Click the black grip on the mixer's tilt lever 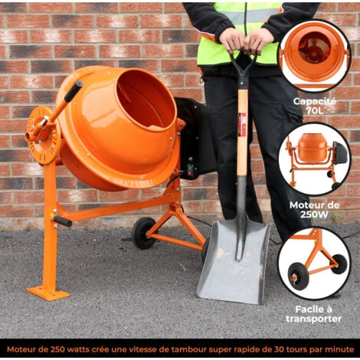[x=74, y=91]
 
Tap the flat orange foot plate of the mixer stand [x=48, y=293]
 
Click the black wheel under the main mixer [x=143, y=233]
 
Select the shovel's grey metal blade [x=234, y=262]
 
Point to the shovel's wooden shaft [x=242, y=132]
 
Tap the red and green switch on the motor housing [x=191, y=169]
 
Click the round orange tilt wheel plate [x=44, y=136]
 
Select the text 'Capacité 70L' [x=314, y=106]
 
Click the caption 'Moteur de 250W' [x=314, y=210]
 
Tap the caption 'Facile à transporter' [x=314, y=314]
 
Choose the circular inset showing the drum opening [x=314, y=56]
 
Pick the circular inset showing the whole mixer [x=314, y=159]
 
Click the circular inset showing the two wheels [x=314, y=263]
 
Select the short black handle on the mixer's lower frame [x=62, y=221]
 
